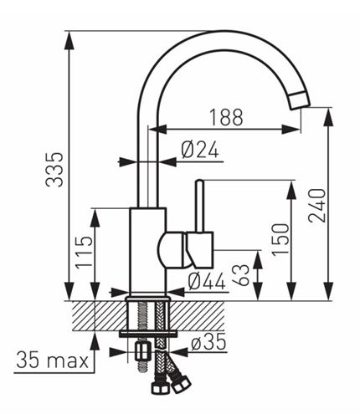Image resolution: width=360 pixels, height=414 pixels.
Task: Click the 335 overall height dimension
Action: click(x=54, y=169)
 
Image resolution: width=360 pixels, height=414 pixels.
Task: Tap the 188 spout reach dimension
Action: click(x=226, y=117)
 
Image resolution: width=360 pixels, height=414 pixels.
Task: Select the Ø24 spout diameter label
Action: click(x=200, y=149)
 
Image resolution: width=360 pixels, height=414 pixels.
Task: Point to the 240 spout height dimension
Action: click(x=317, y=206)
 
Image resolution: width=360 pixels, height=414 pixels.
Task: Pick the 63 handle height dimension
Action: click(x=241, y=275)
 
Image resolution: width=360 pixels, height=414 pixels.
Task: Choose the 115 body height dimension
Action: click(x=84, y=252)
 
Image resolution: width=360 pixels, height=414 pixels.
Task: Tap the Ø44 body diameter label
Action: click(x=207, y=281)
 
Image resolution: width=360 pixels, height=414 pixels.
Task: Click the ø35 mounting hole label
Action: click(x=208, y=342)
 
